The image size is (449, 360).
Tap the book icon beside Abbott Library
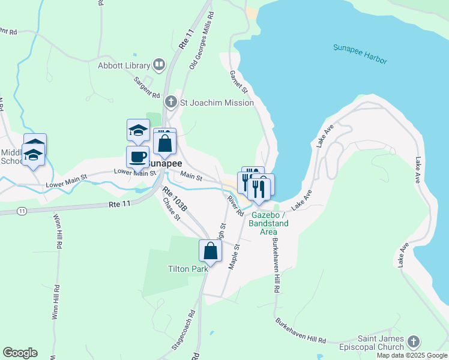click(x=159, y=64)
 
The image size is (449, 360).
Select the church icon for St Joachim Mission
click(x=171, y=103)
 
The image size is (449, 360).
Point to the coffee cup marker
click(x=137, y=157)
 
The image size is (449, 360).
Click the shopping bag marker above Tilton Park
click(x=210, y=251)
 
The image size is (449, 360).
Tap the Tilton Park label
click(x=188, y=269)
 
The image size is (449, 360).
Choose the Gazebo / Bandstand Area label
click(x=270, y=223)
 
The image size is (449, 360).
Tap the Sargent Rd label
click(x=146, y=87)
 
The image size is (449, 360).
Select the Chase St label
click(x=172, y=209)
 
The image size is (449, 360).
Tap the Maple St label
click(x=235, y=256)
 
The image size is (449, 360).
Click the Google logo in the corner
click(x=20, y=353)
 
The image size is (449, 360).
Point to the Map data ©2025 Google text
click(x=412, y=355)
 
